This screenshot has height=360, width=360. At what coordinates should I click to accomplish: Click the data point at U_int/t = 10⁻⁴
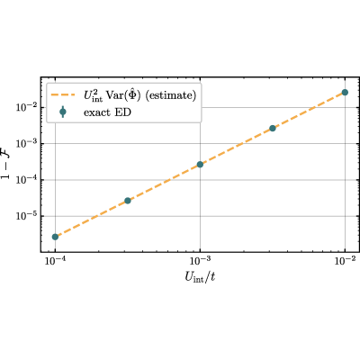tap(55, 237)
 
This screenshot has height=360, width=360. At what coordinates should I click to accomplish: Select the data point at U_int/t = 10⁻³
tap(200, 165)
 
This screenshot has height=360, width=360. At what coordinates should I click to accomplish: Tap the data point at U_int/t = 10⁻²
tap(345, 92)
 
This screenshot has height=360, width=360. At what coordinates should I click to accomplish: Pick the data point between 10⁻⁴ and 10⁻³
tap(128, 201)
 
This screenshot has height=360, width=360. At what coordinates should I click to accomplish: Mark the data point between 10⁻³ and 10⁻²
tap(273, 128)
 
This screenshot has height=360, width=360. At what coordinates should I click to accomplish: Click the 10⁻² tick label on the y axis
tap(26, 106)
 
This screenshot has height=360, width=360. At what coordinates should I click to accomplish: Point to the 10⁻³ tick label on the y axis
tap(26, 143)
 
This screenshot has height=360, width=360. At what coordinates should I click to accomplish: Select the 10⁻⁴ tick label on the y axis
tap(26, 179)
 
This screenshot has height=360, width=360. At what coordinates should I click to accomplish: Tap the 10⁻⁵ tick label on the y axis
tap(26, 215)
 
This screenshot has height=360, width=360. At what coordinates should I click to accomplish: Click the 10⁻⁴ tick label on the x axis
tap(55, 261)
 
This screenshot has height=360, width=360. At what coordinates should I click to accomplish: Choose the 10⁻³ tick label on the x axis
tap(200, 261)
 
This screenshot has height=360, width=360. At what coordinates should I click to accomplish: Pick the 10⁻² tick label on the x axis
tap(345, 261)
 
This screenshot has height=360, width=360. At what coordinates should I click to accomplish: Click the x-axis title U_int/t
tap(200, 277)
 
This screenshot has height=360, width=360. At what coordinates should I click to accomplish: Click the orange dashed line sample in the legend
tap(63, 95)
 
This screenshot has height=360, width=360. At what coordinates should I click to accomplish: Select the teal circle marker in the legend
tap(63, 112)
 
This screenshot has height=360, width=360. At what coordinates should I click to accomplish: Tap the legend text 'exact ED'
tap(107, 112)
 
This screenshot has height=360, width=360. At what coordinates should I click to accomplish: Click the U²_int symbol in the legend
tap(94, 96)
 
